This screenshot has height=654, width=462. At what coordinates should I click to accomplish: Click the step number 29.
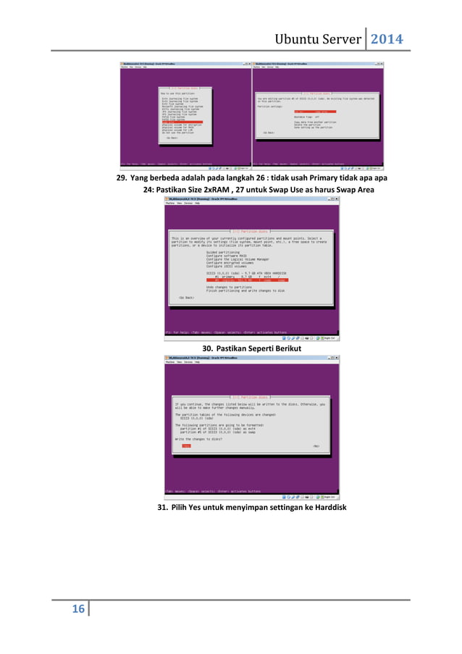tap(124, 177)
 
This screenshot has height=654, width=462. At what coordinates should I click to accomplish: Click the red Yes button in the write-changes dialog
tap(186, 446)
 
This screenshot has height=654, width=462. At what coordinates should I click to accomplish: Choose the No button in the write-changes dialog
tap(316, 446)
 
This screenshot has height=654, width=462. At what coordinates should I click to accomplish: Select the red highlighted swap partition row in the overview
tap(240, 280)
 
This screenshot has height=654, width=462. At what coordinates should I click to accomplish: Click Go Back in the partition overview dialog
tap(186, 297)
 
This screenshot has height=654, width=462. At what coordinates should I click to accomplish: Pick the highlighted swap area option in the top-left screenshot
tap(181, 122)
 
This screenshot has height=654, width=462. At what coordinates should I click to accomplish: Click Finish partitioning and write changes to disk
tap(245, 290)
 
